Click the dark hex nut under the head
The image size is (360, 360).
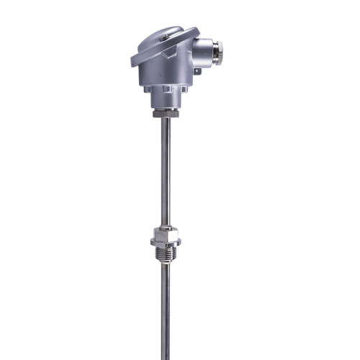coord(166,114)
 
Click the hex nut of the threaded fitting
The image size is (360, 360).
coord(166,235)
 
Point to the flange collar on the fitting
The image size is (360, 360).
coord(166,246)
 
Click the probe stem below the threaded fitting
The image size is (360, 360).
coord(166,310)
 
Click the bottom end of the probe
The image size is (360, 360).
coord(166,356)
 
